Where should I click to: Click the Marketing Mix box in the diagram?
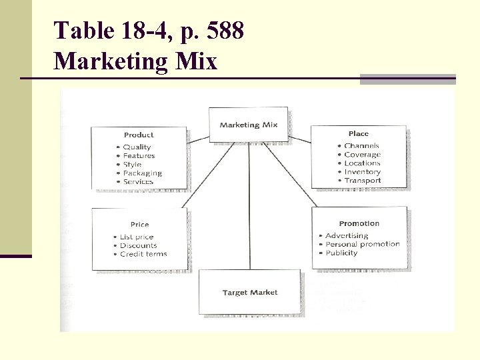249,125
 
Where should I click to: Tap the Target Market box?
250,293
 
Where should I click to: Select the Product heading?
139,135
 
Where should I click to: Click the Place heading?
358,134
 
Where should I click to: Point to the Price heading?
139,225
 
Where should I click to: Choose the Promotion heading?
359,224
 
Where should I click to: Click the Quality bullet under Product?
137,147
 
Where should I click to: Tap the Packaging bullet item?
142,173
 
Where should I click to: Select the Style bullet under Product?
132,165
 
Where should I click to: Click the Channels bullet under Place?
361,146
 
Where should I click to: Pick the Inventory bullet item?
362,172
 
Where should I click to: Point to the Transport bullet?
363,181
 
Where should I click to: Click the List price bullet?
137,237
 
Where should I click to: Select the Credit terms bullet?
143,254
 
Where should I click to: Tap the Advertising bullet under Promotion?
347,236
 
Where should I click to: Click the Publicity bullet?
341,253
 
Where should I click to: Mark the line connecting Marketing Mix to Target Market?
249,207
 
